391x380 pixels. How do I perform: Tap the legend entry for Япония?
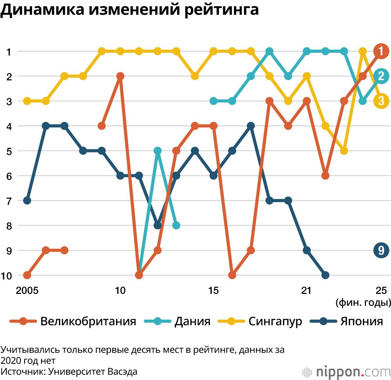pos(346,321)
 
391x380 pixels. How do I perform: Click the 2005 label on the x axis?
pos(27,290)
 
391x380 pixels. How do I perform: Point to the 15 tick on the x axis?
pos(213,290)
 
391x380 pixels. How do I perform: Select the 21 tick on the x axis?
pos(307,290)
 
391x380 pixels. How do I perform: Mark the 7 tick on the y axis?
pos(8,201)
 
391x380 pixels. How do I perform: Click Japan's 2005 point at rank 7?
pos(27,201)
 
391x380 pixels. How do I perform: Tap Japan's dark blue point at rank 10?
pos(325,275)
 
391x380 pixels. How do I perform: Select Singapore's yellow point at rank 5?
pos(344,151)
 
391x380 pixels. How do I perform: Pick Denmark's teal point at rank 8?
pos(176,225)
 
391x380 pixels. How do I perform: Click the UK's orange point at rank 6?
pos(325,176)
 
